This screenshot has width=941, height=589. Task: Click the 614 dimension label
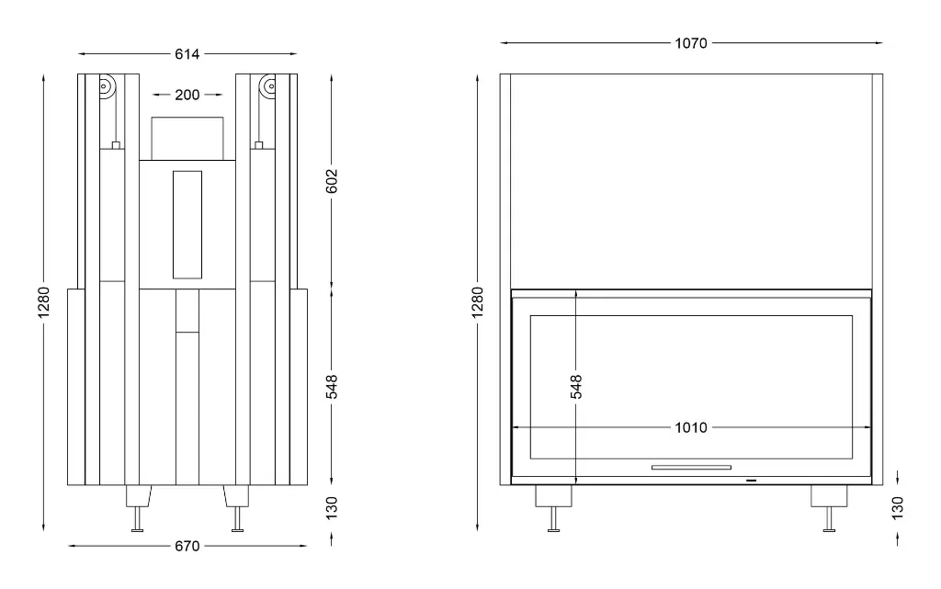click(x=187, y=54)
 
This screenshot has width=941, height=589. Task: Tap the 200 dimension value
click(x=187, y=95)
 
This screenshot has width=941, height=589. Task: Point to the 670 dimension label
click(x=187, y=547)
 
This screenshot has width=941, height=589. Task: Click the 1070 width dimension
click(x=691, y=42)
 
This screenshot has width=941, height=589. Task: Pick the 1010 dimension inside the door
click(x=691, y=427)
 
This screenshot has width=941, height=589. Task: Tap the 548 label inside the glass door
click(x=576, y=386)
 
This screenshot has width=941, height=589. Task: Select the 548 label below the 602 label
click(x=333, y=386)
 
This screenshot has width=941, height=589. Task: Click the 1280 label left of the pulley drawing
click(x=44, y=303)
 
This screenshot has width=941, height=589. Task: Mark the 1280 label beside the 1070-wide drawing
click(x=477, y=303)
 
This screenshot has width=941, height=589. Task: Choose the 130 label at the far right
click(x=898, y=506)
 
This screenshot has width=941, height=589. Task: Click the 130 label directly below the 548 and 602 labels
click(x=333, y=506)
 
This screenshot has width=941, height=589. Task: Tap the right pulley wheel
click(x=268, y=89)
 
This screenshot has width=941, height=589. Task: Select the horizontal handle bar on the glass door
click(x=691, y=467)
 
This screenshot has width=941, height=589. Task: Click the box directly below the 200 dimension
click(x=187, y=137)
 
